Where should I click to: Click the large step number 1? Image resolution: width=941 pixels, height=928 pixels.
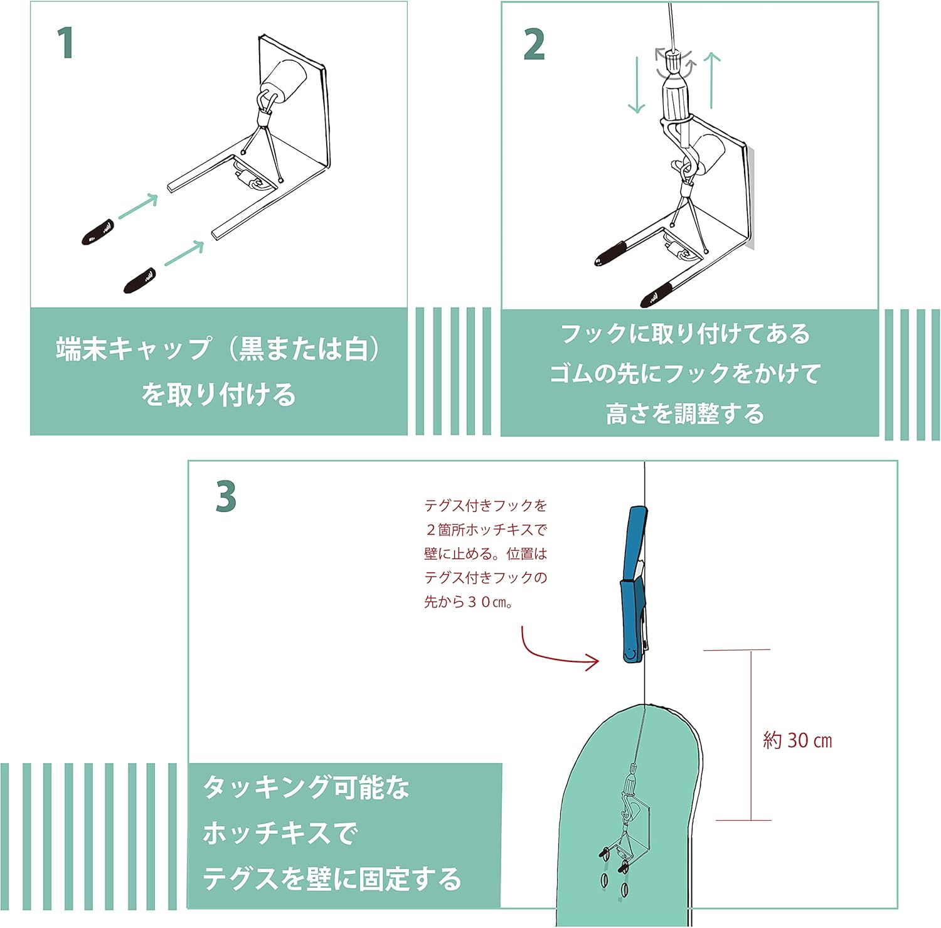tap(65, 43)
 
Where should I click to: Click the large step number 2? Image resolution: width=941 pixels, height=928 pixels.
tap(534, 45)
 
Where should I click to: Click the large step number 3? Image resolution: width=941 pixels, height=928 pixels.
tap(226, 497)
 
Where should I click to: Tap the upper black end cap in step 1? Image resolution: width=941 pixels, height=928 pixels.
tap(98, 232)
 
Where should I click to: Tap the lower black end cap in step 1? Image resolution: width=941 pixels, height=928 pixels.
tap(140, 280)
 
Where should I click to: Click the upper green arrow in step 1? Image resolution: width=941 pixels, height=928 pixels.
tap(138, 206)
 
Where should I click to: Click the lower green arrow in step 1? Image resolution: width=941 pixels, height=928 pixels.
tap(184, 252)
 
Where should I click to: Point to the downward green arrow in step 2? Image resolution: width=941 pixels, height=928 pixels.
tap(636, 85)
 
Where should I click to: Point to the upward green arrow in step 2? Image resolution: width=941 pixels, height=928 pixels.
tap(711, 80)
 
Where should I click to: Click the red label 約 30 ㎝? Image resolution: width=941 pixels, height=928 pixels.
tap(797, 740)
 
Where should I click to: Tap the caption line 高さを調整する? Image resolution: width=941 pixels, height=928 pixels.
tap(684, 413)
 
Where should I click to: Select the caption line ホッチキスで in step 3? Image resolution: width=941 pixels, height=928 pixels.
tap(280, 833)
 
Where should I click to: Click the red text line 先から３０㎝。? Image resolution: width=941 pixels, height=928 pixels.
tap(469, 602)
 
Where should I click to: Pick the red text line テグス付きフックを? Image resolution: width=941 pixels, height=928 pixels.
tap(486, 506)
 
